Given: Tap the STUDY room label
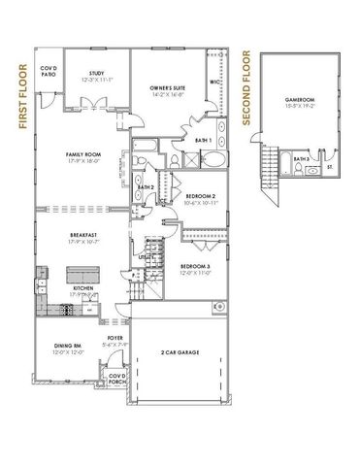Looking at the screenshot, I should (x=96, y=73).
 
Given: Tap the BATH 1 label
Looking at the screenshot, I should (x=203, y=142).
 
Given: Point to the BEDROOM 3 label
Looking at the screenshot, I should (x=195, y=266).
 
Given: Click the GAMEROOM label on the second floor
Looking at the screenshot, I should (x=304, y=100).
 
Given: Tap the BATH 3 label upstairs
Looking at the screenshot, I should (x=302, y=158).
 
